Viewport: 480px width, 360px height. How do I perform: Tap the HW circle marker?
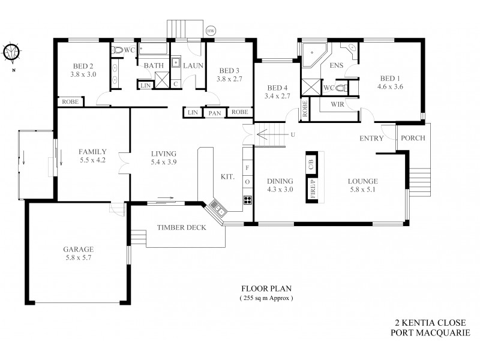pos(211,31)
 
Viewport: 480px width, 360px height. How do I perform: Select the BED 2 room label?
pos(83,70)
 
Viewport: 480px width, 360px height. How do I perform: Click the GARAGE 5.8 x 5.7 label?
pos(79,253)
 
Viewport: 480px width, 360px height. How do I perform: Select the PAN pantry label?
pos(214,113)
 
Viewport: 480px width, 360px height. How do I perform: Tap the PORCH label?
pos(413,138)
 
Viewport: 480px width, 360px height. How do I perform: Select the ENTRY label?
pos(371,139)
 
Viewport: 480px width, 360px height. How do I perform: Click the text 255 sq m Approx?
pos(265,298)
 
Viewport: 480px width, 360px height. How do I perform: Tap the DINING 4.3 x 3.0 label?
pos(280,185)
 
